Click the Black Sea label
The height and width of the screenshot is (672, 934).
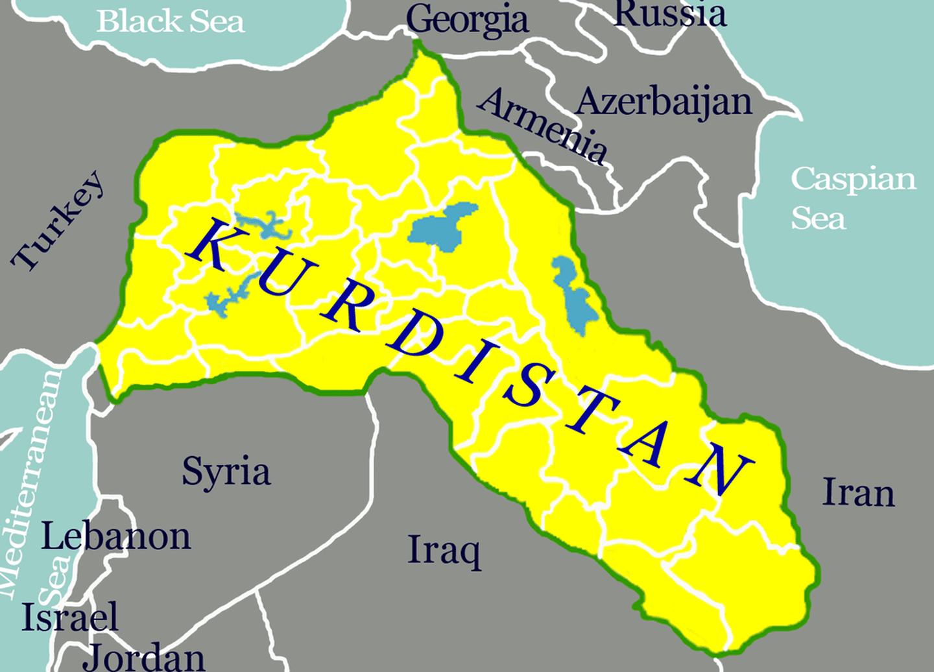[171, 21]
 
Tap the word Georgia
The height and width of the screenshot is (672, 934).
[467, 20]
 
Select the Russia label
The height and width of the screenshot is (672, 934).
[669, 14]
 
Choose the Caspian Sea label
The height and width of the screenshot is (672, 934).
[852, 198]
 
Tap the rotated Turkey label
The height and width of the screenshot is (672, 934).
[58, 221]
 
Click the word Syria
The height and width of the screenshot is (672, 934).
[226, 472]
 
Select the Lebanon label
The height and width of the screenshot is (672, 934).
[116, 536]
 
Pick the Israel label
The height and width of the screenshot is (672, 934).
[70, 617]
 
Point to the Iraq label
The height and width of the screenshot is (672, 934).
[444, 551]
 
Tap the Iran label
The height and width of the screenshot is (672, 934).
[858, 492]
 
